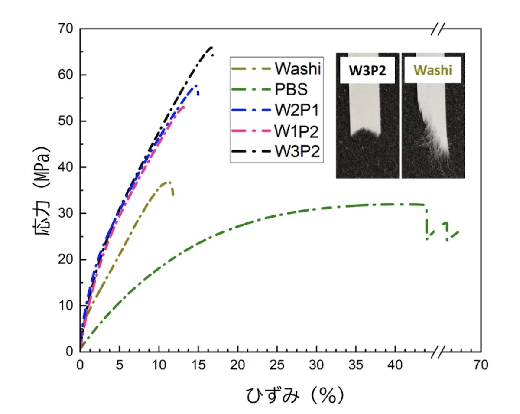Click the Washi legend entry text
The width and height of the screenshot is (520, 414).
click(298, 68)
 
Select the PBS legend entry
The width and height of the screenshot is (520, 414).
click(291, 89)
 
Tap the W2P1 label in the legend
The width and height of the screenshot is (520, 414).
click(296, 110)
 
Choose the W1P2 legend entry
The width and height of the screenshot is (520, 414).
click(296, 131)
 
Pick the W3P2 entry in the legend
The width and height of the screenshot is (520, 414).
click(297, 151)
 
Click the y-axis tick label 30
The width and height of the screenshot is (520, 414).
click(65, 213)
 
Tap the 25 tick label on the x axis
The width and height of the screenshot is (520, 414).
click(277, 365)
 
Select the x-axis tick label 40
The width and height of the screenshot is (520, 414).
click(395, 365)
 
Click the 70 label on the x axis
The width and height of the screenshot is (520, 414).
click(481, 365)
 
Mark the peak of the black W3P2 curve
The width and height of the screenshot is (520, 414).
click(211, 47)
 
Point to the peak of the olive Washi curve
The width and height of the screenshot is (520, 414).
click(169, 182)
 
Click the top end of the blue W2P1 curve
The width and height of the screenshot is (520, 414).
click(196, 85)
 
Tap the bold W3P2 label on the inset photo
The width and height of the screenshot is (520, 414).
click(367, 71)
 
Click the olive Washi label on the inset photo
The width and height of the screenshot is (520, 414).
click(433, 70)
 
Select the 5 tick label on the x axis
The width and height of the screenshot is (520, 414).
click(119, 365)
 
